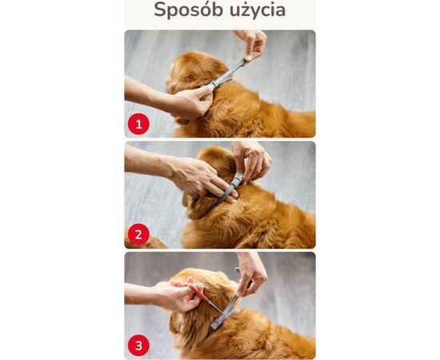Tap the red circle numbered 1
pyautogui.click(x=138, y=124)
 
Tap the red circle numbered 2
pyautogui.click(x=138, y=234)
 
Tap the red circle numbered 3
pyautogui.click(x=138, y=345)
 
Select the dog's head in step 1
pyautogui.click(x=188, y=72)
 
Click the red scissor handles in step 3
pyautogui.click(x=200, y=294)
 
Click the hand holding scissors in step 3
pyautogui.click(x=181, y=296)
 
